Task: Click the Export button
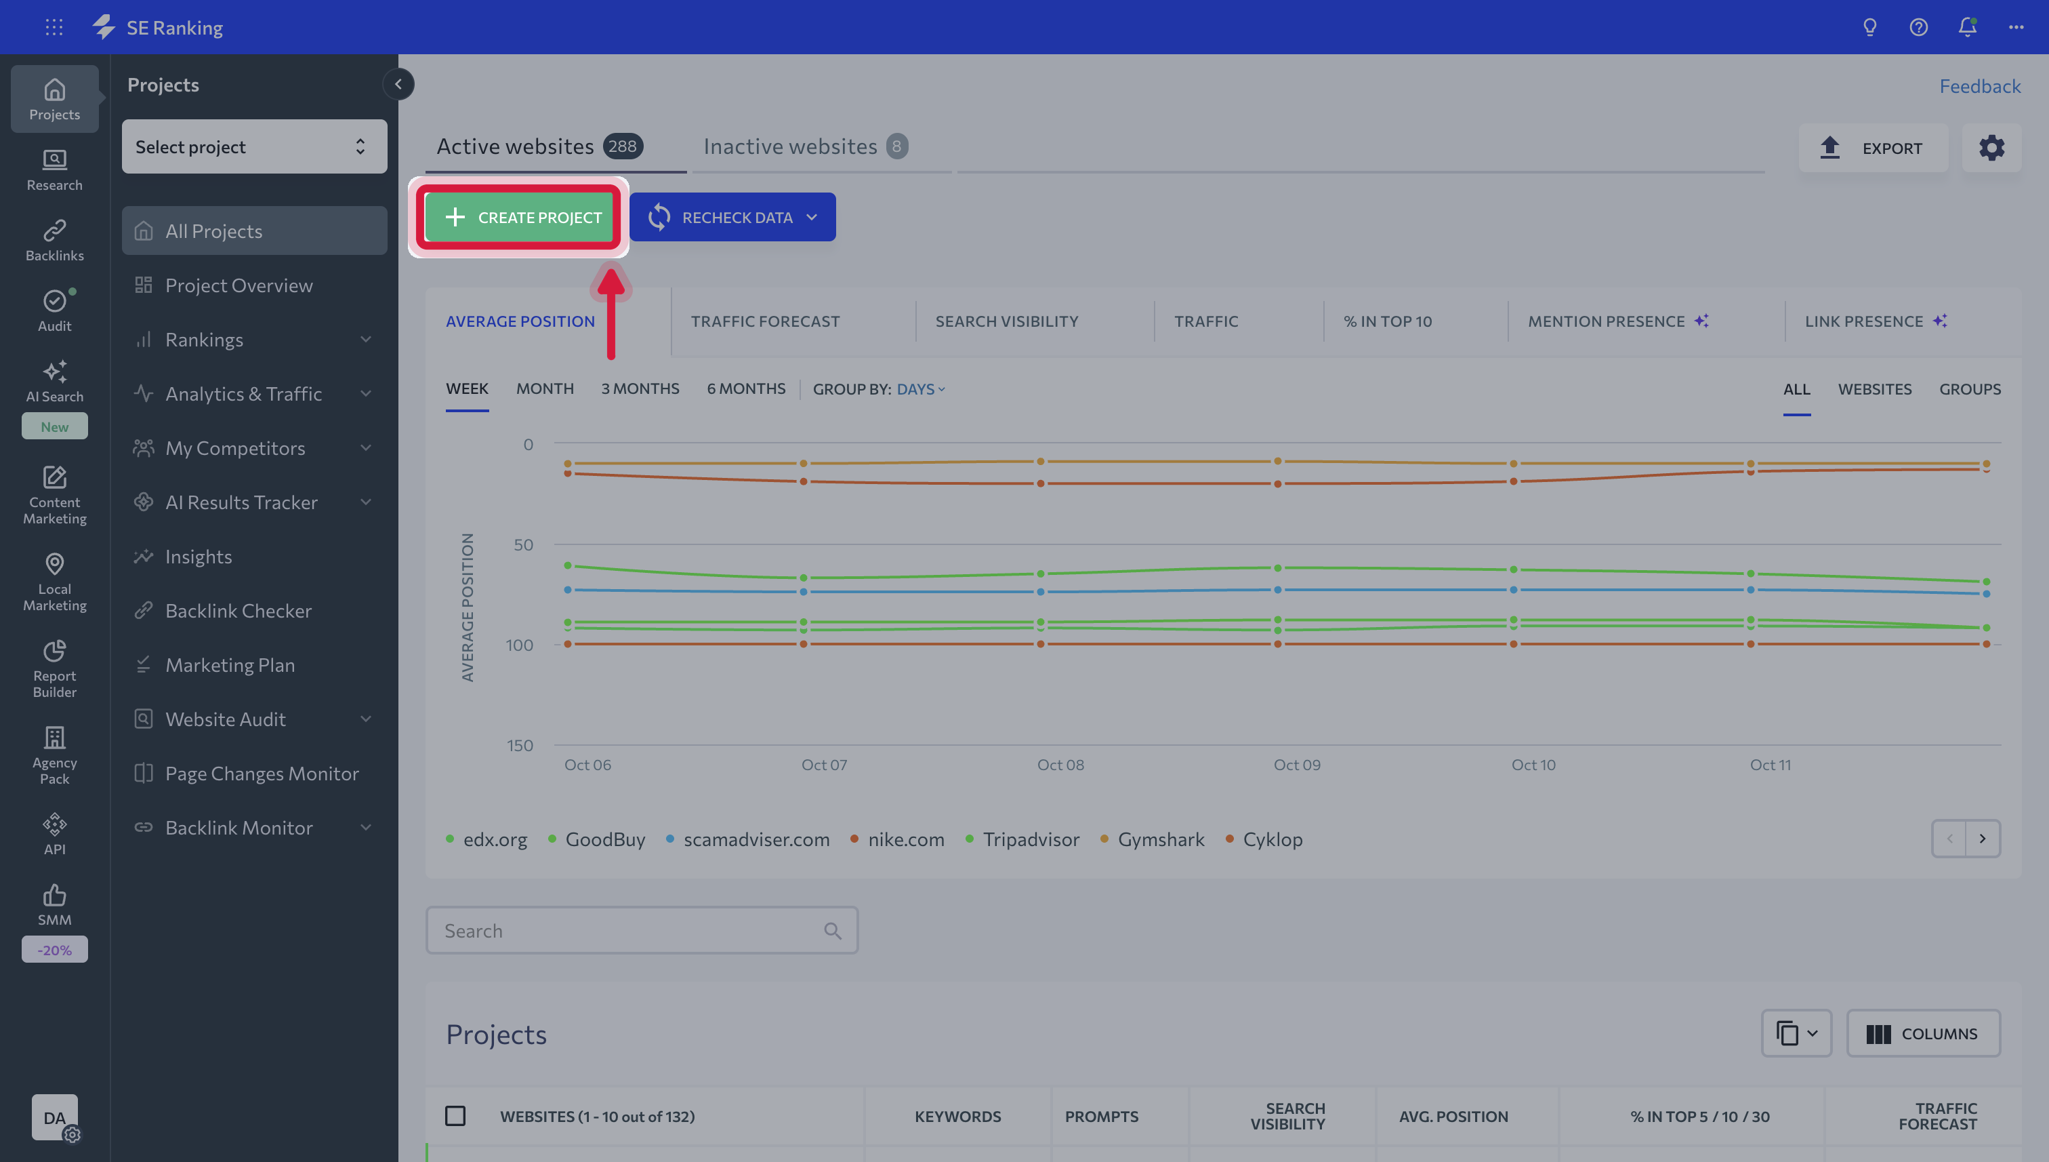click(1872, 148)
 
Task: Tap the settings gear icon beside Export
click(1991, 148)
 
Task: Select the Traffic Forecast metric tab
click(765, 321)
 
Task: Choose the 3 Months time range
click(640, 388)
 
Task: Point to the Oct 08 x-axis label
click(1060, 765)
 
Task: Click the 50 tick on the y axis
click(523, 544)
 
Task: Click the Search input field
click(641, 931)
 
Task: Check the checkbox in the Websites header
click(455, 1116)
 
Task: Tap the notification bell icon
click(1967, 27)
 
